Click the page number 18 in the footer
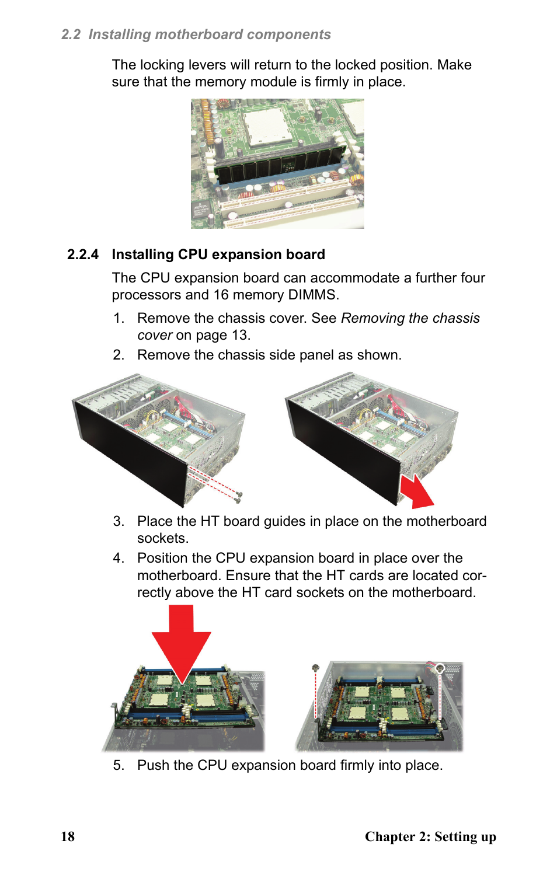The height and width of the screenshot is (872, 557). (68, 836)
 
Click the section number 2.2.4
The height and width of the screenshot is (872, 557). (82, 254)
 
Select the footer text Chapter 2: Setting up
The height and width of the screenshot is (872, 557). (430, 836)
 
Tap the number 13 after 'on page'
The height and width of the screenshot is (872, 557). (240, 335)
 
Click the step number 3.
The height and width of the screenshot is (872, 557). (119, 521)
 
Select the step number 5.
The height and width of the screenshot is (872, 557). (119, 765)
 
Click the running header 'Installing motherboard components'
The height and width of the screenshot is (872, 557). (210, 34)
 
